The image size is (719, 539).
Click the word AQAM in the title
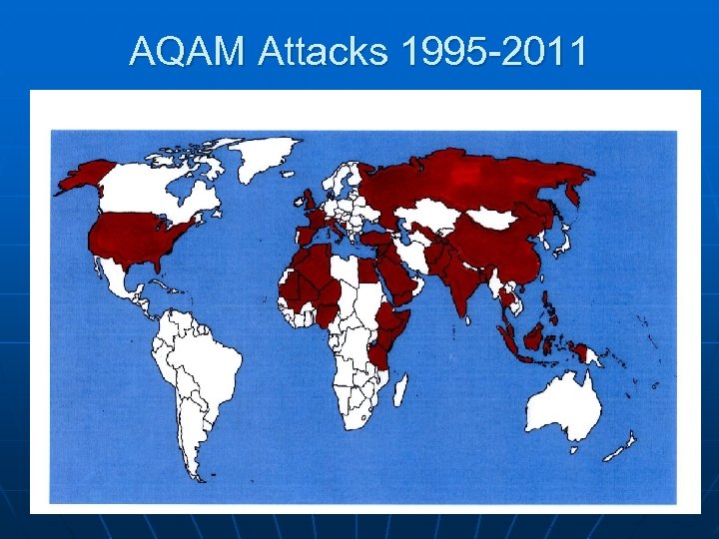(x=187, y=52)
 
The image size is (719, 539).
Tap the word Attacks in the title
(x=322, y=52)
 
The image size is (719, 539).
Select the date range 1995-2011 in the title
(x=493, y=52)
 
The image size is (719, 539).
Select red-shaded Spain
(x=304, y=237)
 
